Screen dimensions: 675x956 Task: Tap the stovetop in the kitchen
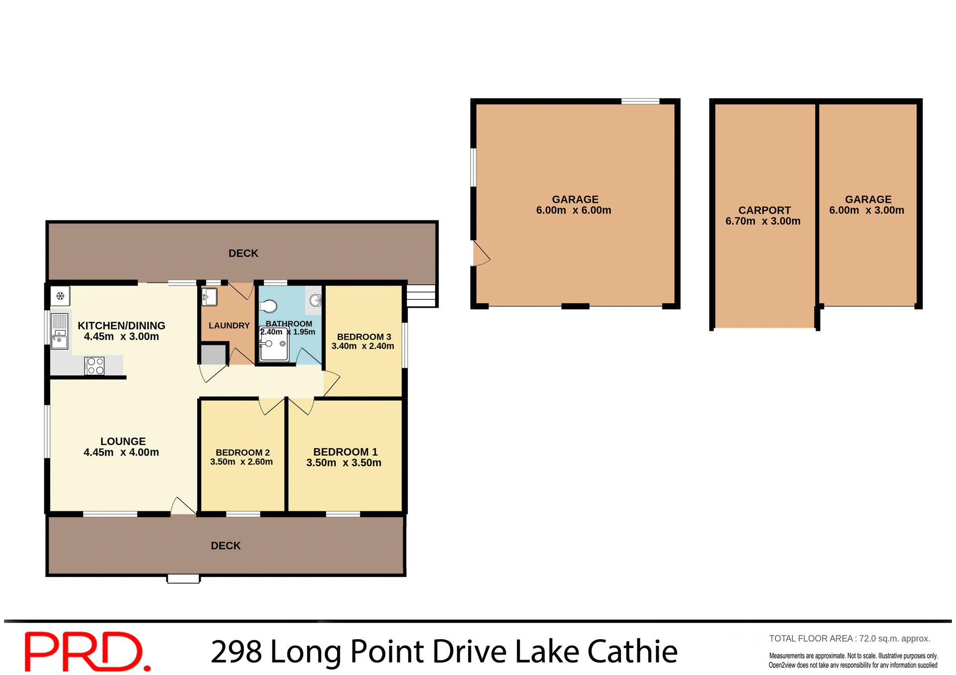95,366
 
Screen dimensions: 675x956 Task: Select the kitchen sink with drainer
59,331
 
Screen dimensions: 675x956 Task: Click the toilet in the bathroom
269,305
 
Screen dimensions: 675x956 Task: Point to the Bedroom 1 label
345,452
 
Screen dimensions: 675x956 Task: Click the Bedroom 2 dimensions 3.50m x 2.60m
241,462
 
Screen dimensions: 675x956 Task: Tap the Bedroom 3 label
364,337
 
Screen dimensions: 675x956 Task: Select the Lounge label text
123,441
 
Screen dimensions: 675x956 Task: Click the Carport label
764,210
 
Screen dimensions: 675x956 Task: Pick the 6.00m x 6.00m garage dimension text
574,210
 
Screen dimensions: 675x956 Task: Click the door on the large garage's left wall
480,254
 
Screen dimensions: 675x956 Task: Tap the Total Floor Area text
849,639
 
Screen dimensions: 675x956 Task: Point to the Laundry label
229,326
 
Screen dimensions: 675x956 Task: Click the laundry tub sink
210,297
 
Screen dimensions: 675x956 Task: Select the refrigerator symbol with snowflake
60,296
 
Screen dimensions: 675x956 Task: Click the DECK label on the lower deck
226,546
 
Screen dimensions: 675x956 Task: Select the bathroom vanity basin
315,300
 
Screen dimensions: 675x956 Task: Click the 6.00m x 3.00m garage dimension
866,210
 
